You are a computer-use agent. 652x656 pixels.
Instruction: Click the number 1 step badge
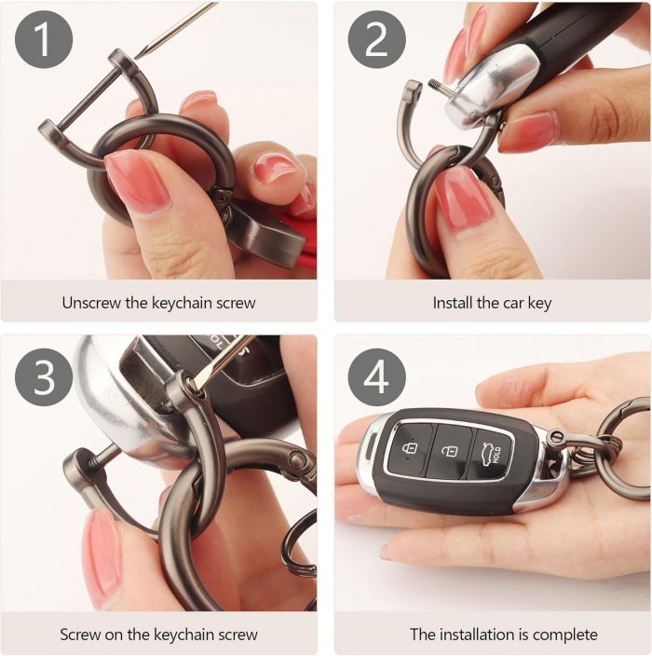click(44, 40)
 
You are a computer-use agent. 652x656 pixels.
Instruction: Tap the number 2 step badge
click(377, 40)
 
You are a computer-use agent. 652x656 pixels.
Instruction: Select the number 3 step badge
click(44, 377)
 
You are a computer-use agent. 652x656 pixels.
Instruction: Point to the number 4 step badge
click(377, 377)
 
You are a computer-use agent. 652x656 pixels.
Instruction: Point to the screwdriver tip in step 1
click(137, 57)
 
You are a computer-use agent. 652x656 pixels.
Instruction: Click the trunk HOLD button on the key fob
click(492, 455)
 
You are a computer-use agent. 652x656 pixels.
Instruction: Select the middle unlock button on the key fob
click(451, 451)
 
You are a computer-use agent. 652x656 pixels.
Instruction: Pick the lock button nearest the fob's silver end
click(410, 449)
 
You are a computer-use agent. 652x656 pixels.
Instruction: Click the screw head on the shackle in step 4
click(558, 438)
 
